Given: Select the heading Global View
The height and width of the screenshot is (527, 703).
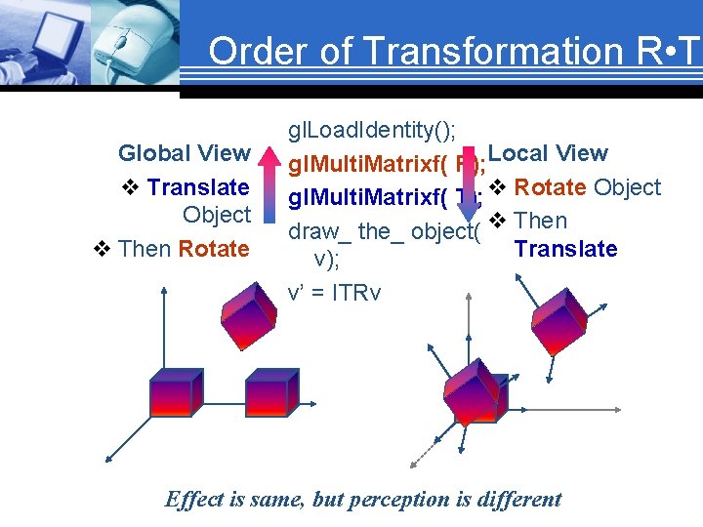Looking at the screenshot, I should (184, 153).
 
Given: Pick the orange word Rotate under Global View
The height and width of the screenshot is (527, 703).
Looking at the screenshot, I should (213, 249).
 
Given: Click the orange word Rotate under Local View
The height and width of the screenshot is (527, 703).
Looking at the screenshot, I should (549, 187).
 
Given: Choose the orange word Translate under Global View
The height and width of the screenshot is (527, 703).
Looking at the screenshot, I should (198, 187).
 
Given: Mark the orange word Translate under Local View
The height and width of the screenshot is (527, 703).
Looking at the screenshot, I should (565, 249).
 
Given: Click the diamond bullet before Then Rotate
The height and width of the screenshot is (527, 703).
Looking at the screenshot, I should (102, 249).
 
